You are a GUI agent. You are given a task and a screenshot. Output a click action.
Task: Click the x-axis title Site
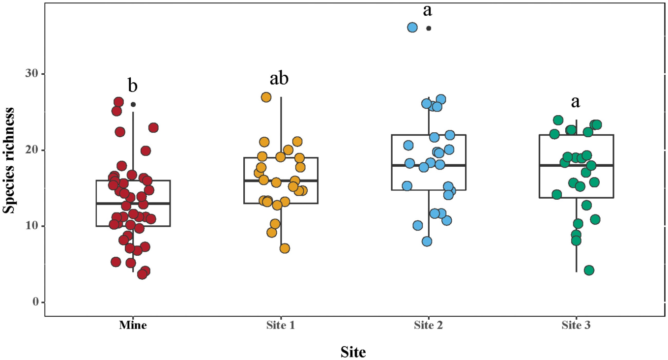[353, 352]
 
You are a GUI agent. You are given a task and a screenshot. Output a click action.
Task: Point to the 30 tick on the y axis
[33, 74]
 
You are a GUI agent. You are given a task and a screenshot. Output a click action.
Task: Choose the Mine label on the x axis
[133, 325]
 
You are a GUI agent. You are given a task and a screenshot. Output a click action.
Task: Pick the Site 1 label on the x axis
[281, 325]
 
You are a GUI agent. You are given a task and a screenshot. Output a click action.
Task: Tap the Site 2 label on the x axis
[429, 325]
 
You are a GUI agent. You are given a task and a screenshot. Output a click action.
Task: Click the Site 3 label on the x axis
[576, 325]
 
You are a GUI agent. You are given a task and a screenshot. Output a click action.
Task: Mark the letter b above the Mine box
[133, 86]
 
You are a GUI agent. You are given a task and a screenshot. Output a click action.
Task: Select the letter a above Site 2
[427, 10]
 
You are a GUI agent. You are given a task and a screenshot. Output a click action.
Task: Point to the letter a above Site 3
[575, 102]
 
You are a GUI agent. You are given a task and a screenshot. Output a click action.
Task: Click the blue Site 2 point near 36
[412, 28]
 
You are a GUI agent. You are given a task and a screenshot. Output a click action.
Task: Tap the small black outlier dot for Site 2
[429, 29]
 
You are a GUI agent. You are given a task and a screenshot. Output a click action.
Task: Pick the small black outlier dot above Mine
[133, 104]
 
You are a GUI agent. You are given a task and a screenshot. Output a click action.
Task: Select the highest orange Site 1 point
[266, 97]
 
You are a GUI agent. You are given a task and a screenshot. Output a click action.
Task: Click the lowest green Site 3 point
[589, 270]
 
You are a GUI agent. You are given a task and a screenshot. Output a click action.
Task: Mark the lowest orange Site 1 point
[285, 248]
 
